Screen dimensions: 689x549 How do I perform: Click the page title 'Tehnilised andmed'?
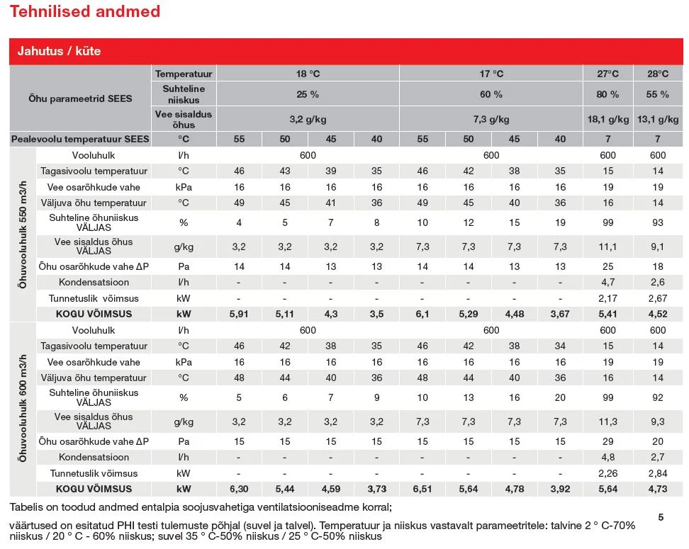(85, 11)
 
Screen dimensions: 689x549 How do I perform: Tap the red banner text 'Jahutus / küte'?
(59, 51)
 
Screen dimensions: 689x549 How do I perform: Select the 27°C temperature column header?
(607, 74)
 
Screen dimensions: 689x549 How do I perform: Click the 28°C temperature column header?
(658, 74)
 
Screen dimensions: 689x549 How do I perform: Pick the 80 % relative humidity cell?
(607, 94)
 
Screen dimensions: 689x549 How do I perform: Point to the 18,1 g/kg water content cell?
(608, 119)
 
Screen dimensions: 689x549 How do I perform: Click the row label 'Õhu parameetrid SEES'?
(80, 98)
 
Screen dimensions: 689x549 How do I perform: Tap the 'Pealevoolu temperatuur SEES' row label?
(80, 140)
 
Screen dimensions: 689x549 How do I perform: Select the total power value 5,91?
(239, 314)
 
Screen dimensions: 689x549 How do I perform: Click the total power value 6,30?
(239, 489)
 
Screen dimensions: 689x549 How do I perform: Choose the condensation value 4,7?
(607, 282)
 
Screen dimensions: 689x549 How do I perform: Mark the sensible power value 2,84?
(658, 473)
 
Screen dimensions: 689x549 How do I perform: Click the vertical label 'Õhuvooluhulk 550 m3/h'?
(23, 234)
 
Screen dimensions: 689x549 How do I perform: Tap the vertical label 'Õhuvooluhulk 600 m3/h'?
(23, 408)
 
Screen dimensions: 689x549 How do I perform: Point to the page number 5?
(661, 517)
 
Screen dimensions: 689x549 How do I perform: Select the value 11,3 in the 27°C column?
(607, 421)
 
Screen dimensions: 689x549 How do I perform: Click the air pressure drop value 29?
(607, 441)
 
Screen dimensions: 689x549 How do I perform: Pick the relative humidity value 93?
(658, 222)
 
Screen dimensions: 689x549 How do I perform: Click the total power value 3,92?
(560, 489)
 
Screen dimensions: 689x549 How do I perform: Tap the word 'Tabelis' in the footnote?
(26, 507)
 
